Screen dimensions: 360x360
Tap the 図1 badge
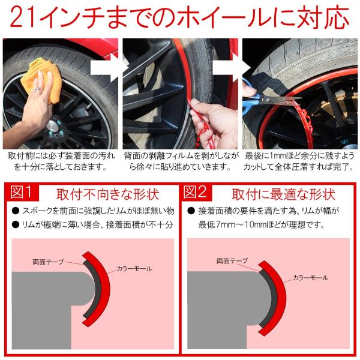pyautogui.click(x=23, y=193)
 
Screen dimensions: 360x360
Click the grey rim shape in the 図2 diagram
pyautogui.click(x=216, y=306)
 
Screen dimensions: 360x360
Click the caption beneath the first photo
pyautogui.click(x=59, y=160)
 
